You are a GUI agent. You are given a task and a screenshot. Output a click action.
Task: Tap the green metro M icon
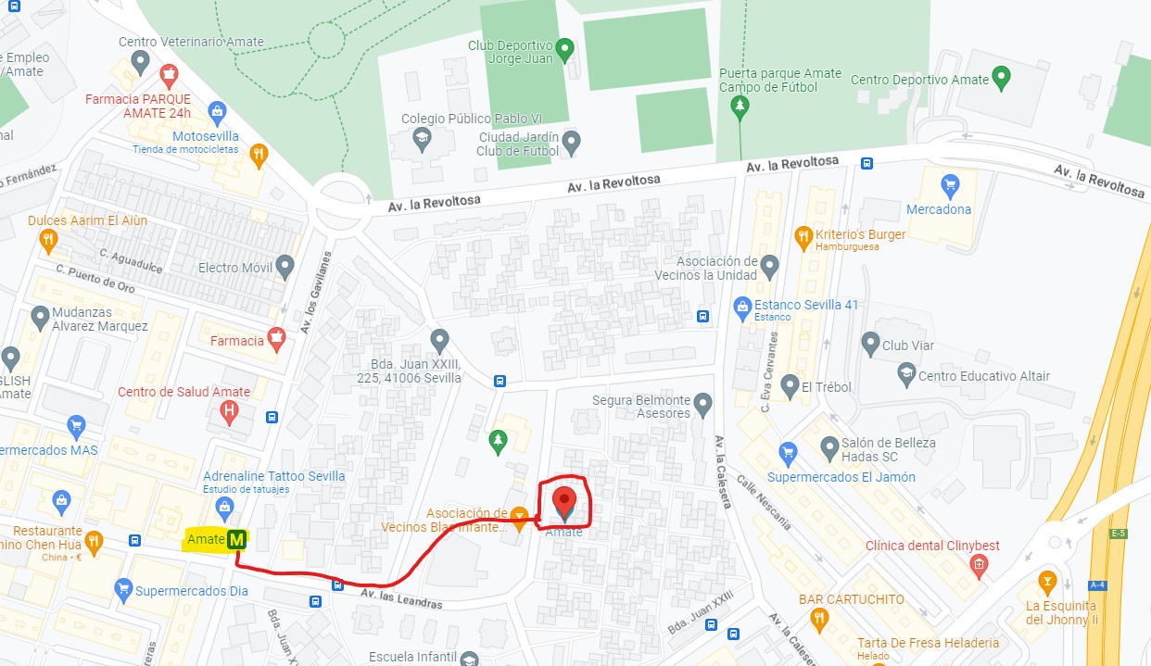point(238,538)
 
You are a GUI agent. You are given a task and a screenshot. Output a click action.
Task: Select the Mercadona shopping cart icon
point(949,185)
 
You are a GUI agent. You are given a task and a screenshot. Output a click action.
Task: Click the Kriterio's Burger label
point(860,234)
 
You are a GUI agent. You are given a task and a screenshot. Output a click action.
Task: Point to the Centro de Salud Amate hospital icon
point(230,414)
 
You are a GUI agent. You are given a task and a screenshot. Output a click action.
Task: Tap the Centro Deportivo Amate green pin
point(1001,78)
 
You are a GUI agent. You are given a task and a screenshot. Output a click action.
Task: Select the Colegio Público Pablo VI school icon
point(423,141)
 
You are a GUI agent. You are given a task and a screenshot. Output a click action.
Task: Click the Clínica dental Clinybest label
point(932,546)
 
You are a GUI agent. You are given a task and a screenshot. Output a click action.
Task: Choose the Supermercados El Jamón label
point(841,477)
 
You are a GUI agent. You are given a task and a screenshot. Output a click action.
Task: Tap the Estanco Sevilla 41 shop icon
point(741,306)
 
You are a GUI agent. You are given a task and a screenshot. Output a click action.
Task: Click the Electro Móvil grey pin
point(285,268)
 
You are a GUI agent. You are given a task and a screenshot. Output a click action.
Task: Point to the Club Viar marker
point(870,345)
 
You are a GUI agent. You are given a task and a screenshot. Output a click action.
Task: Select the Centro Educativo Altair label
point(984,376)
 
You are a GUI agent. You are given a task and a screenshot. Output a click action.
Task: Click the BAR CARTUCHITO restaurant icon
point(818,618)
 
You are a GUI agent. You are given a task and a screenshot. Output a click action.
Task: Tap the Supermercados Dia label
point(192,590)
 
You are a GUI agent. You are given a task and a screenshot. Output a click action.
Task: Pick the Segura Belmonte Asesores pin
point(703,404)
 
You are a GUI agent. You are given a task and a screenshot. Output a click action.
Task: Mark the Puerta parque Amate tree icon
point(740,108)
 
